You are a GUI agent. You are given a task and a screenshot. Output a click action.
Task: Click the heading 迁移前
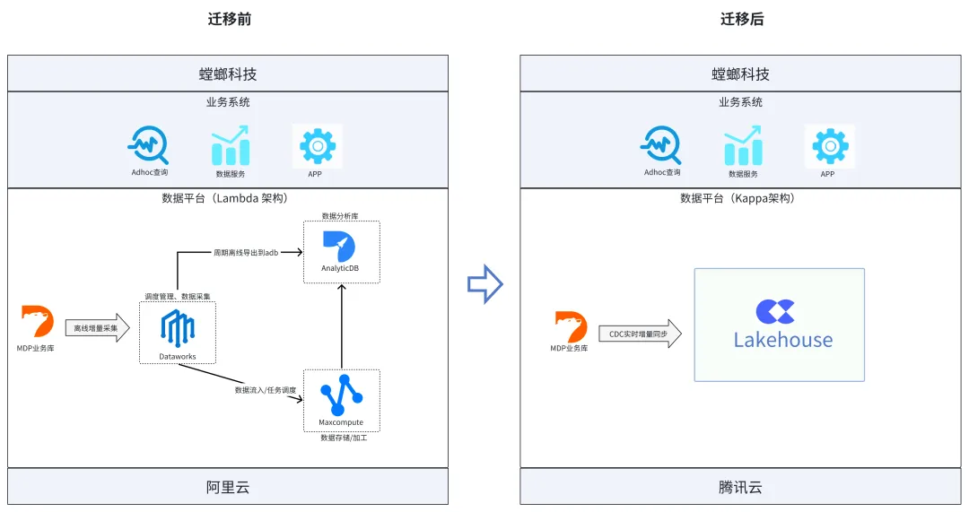click(230, 19)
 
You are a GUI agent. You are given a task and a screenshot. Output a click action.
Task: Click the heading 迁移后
click(742, 19)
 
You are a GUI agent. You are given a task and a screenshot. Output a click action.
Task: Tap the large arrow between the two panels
click(484, 284)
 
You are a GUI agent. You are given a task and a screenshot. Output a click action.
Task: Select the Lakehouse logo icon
click(775, 311)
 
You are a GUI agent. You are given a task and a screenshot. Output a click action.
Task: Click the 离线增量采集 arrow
click(97, 329)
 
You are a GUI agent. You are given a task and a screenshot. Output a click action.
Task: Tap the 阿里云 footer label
click(228, 488)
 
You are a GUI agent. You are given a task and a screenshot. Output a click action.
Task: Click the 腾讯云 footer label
click(740, 488)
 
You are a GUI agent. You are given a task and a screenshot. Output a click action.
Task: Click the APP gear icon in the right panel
click(830, 144)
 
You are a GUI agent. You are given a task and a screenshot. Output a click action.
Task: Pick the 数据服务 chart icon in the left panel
click(231, 146)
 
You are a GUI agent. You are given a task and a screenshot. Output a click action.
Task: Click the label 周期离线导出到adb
click(247, 253)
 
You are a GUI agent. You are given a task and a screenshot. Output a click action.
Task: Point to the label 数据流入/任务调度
click(266, 390)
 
